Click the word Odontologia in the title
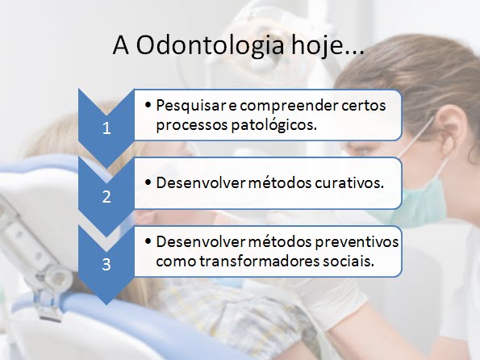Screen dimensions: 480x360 (210, 46)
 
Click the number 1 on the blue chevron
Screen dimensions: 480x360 (106, 128)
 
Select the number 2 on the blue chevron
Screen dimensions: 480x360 (106, 196)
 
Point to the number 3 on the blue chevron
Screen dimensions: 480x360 (106, 265)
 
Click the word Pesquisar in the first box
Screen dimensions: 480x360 (191, 106)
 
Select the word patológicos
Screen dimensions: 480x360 (273, 125)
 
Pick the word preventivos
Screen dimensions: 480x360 (357, 242)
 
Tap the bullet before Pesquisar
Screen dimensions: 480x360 (148, 105)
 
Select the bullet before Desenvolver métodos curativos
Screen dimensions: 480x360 (148, 182)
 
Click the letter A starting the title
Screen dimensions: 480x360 (121, 46)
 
